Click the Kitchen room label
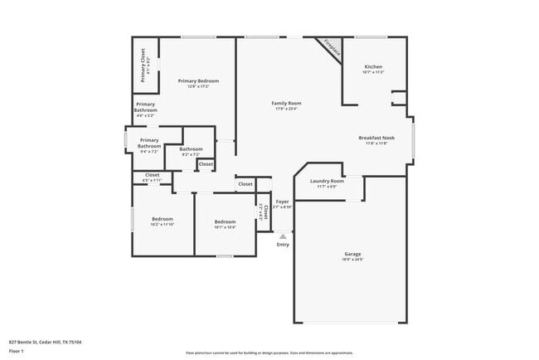pos(373,66)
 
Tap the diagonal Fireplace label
pos(333,47)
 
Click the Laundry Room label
pos(327,181)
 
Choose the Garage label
pos(352,254)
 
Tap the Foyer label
pos(283,201)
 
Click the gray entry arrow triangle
pos(283,236)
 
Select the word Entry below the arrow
pos(283,245)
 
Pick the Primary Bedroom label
pos(198,80)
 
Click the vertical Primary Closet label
pos(143,66)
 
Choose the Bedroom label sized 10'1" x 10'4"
pos(225,221)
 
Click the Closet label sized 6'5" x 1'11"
pos(153,175)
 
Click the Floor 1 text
pos(16,352)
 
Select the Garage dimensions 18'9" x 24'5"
pos(352,260)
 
